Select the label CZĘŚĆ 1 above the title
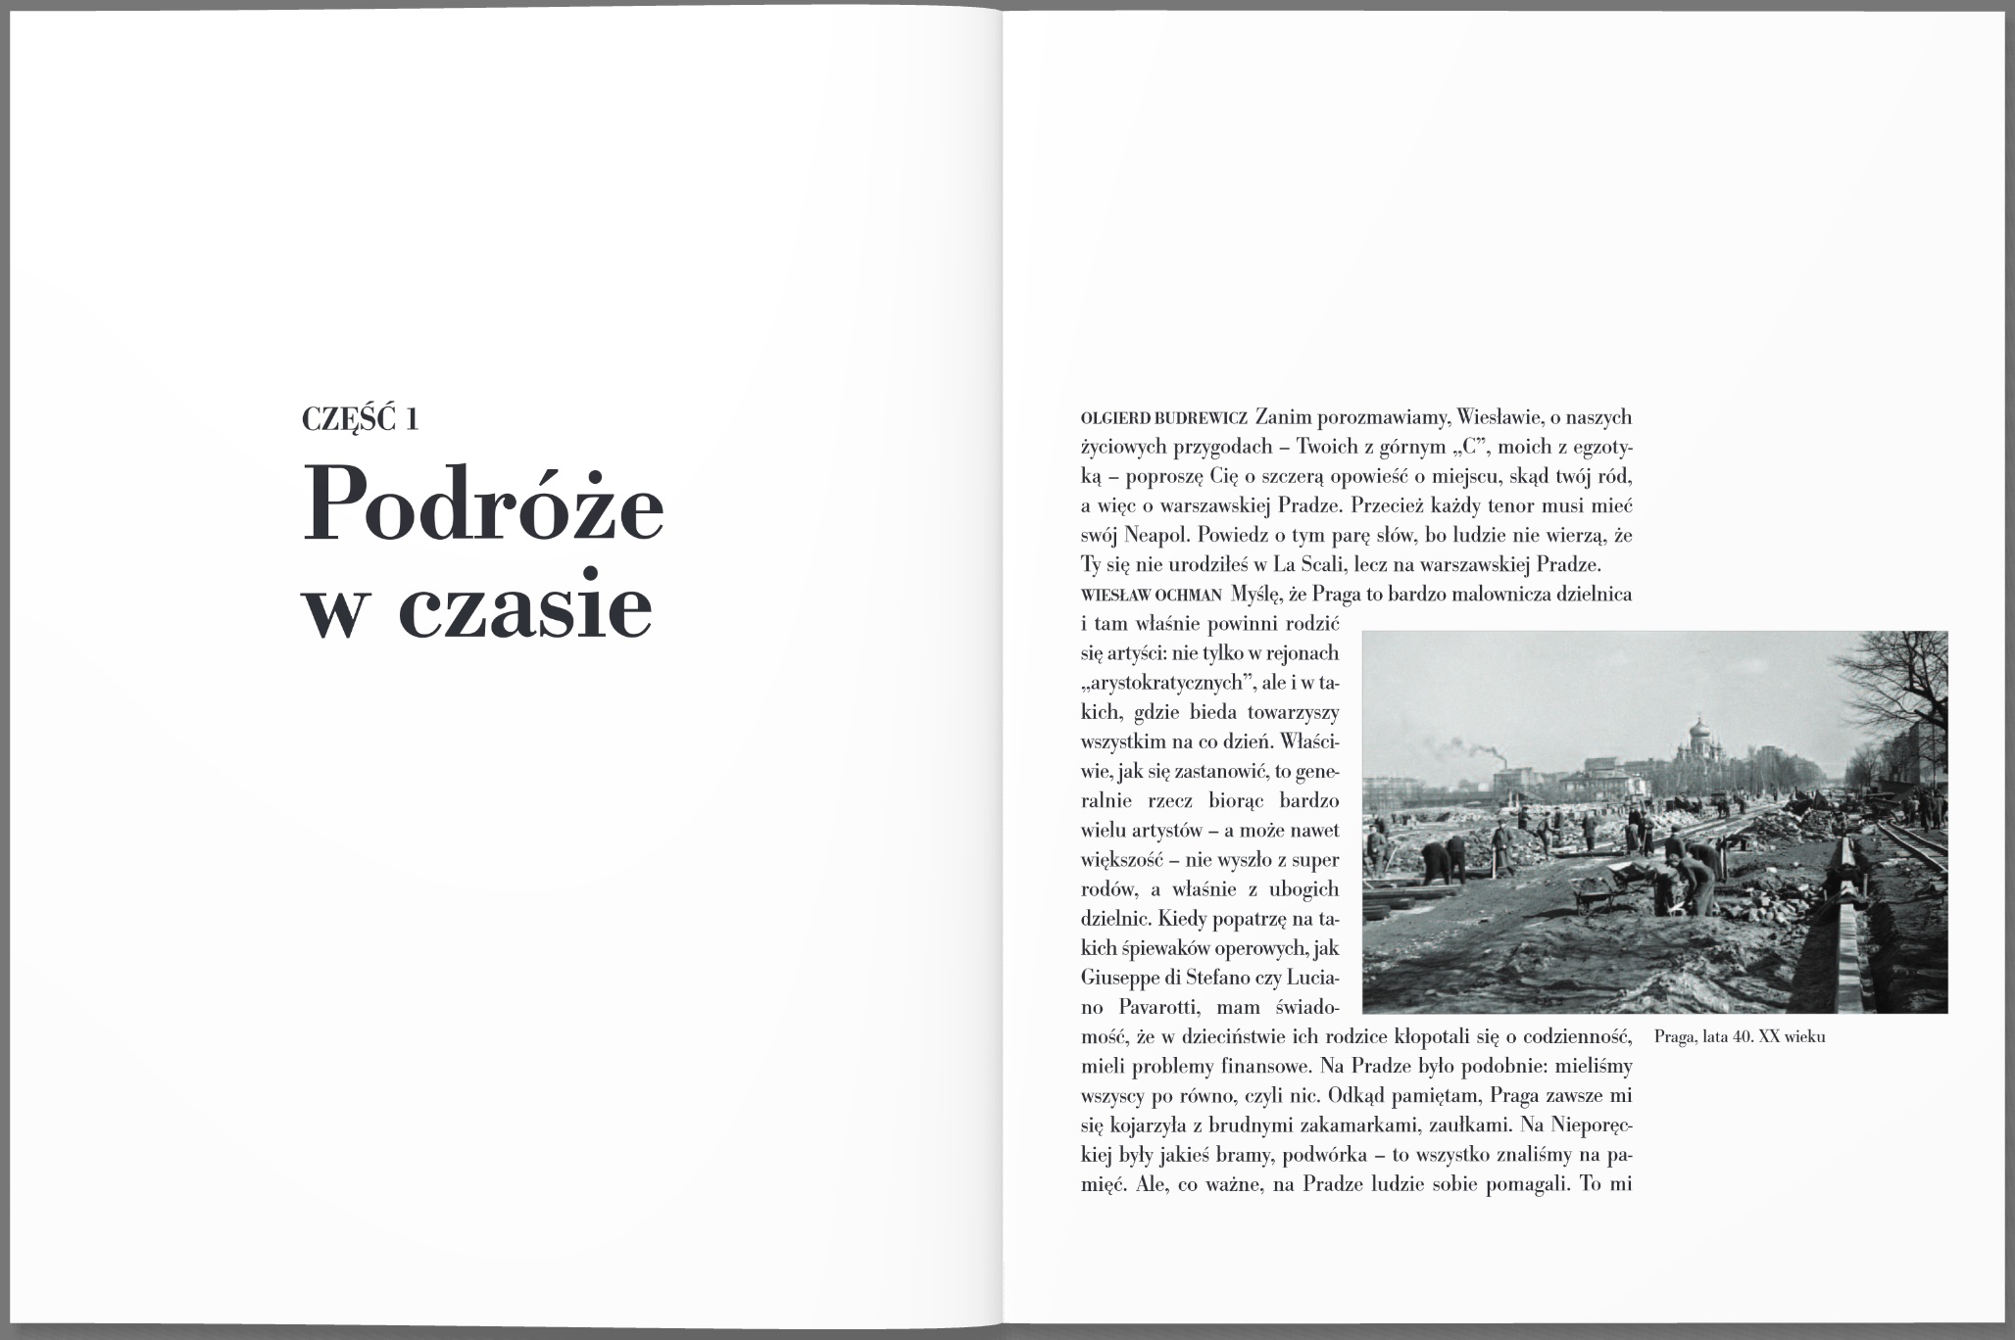click(361, 419)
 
